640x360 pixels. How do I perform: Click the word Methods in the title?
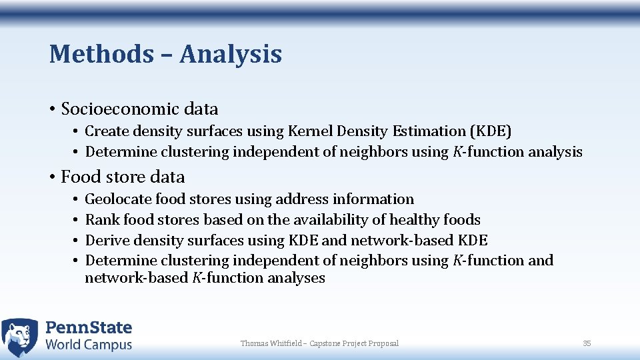tap(101, 54)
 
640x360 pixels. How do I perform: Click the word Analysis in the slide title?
tap(231, 54)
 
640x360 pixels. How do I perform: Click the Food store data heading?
tap(123, 177)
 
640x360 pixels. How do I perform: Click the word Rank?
tap(101, 220)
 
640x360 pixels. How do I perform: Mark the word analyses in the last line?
tap(296, 278)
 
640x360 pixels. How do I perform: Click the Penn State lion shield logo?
tap(20, 337)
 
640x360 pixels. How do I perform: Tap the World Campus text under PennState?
tap(89, 345)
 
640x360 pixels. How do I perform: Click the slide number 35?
tap(587, 343)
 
